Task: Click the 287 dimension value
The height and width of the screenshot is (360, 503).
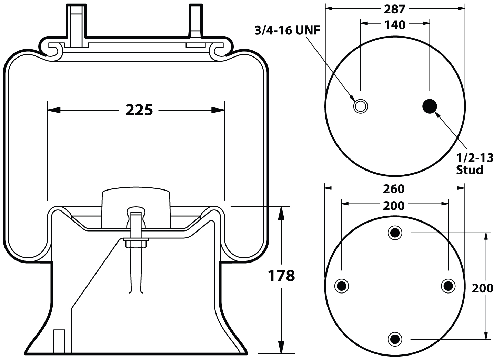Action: click(x=394, y=9)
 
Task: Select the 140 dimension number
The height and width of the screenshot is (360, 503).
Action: click(x=395, y=24)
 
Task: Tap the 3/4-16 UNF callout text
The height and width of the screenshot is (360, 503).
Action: click(x=287, y=31)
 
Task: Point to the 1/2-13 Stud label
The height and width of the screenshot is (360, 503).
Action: click(x=474, y=164)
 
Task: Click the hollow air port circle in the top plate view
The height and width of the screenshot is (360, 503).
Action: click(x=360, y=106)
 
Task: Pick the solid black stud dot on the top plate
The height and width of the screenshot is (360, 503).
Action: click(x=430, y=106)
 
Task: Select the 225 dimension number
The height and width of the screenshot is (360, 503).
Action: click(x=139, y=110)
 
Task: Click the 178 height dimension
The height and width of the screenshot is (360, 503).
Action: click(x=281, y=276)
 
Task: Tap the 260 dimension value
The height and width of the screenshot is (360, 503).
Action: click(x=393, y=189)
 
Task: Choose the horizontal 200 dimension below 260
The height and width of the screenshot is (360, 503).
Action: click(x=393, y=205)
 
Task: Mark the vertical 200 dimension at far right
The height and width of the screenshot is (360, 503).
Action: click(x=482, y=288)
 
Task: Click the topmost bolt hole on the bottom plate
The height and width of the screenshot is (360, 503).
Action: click(x=395, y=233)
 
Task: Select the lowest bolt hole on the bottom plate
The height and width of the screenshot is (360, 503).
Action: click(x=395, y=339)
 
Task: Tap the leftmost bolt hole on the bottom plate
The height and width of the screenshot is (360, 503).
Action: click(x=342, y=286)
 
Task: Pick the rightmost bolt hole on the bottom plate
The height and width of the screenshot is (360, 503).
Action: click(x=448, y=286)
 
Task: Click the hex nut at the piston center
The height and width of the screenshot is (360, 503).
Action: click(x=136, y=244)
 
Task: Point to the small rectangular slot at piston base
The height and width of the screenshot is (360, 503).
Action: click(x=59, y=341)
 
